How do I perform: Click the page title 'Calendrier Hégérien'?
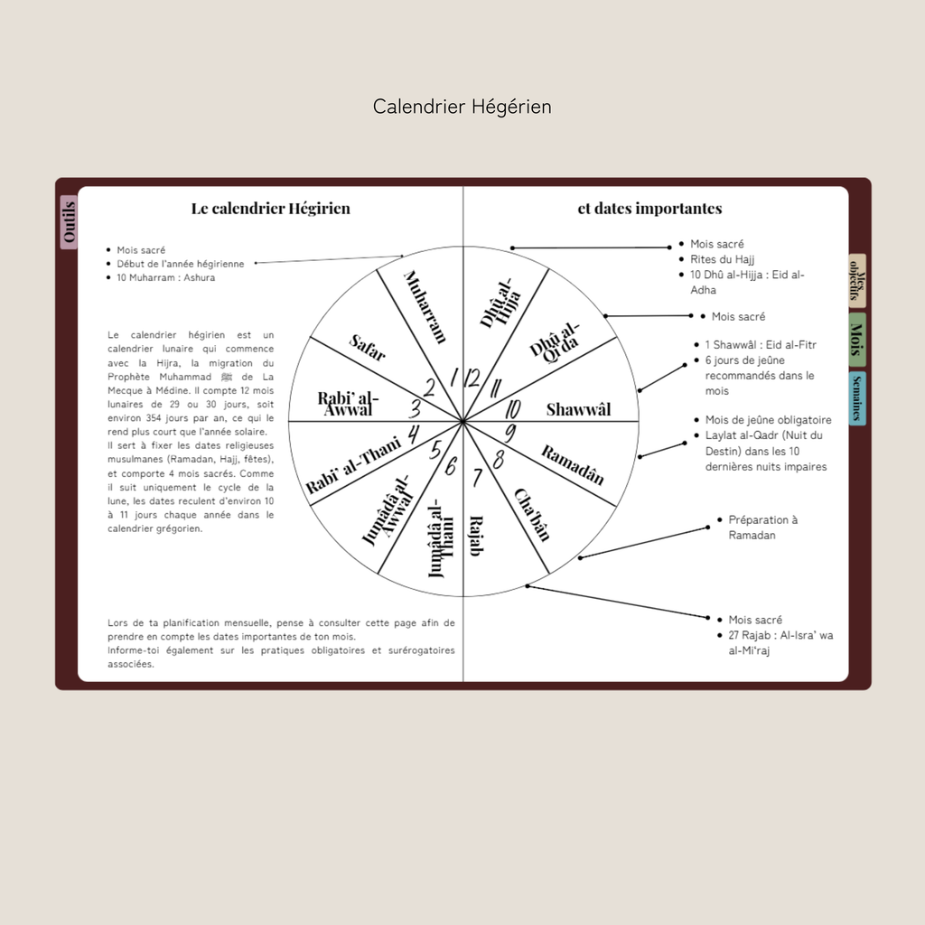tap(462, 107)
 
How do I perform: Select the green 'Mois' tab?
tap(856, 340)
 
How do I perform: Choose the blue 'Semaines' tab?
tap(857, 397)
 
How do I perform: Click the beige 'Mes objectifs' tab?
tap(857, 280)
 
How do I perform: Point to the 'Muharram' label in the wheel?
tap(425, 306)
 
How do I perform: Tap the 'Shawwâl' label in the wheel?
tap(578, 410)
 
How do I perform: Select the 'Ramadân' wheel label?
tap(572, 464)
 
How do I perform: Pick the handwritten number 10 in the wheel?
tap(512, 408)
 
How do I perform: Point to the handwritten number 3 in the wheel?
tap(416, 408)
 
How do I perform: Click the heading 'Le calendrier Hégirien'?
tap(270, 209)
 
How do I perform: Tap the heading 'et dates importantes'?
tap(649, 209)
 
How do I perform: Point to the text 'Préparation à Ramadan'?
tap(763, 528)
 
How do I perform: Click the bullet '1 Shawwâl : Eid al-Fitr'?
tap(761, 345)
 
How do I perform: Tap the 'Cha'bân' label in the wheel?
tap(532, 513)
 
